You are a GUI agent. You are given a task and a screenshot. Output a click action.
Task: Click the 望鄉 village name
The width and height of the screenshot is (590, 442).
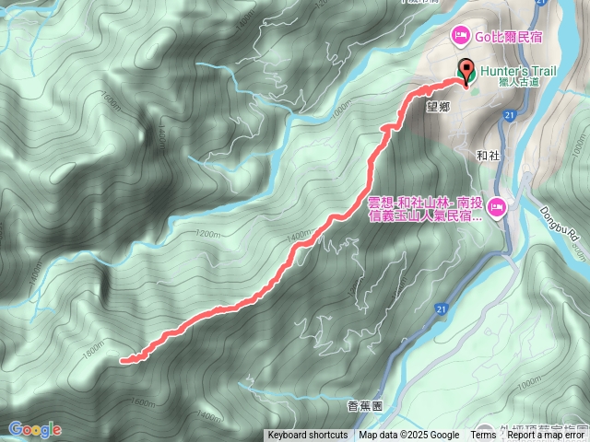pyautogui.click(x=437, y=106)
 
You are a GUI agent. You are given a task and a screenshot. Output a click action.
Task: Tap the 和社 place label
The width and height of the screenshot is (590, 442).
pyautogui.click(x=489, y=156)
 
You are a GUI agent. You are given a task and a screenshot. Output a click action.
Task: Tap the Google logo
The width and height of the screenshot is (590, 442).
pyautogui.click(x=35, y=429)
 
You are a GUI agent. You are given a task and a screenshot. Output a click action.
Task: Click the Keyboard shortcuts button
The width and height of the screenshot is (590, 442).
pyautogui.click(x=308, y=436)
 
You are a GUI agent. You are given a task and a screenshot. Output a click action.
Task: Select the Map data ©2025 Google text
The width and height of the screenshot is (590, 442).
pyautogui.click(x=408, y=436)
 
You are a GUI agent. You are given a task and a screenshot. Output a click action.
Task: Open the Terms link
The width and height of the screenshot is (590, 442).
pyautogui.click(x=483, y=436)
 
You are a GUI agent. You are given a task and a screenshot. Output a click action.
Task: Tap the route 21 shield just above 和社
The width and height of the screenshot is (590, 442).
pyautogui.click(x=509, y=114)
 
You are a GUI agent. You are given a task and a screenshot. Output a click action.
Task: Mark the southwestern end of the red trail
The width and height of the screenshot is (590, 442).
pyautogui.click(x=123, y=362)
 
